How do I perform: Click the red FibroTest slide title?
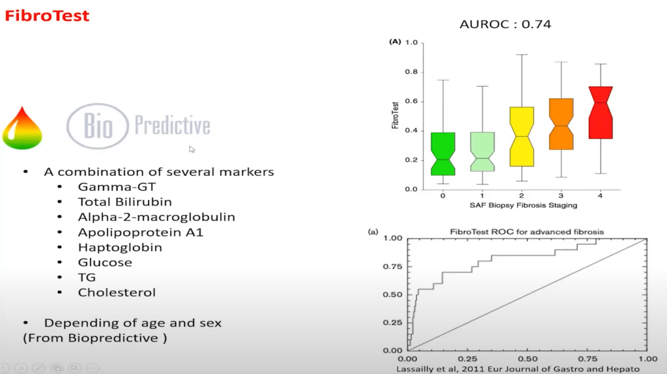(47, 16)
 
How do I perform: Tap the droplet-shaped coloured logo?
(22, 128)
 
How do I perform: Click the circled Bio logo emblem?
(98, 126)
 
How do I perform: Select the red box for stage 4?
(601, 112)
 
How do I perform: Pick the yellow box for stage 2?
(522, 137)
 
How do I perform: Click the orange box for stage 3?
(561, 124)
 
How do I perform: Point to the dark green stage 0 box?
(443, 154)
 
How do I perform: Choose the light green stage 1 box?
(483, 151)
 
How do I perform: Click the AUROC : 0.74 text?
(505, 24)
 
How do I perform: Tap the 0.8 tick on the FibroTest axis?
(412, 72)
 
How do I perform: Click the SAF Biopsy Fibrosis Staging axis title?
(523, 205)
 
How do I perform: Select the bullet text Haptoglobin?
(120, 247)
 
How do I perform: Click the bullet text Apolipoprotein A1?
(141, 233)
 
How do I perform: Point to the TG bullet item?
(87, 278)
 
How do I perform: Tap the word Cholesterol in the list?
(117, 293)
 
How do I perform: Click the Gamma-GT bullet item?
(117, 187)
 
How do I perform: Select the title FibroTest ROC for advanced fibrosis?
(527, 232)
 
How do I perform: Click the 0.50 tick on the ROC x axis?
(528, 359)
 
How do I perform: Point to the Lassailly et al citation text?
(518, 369)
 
